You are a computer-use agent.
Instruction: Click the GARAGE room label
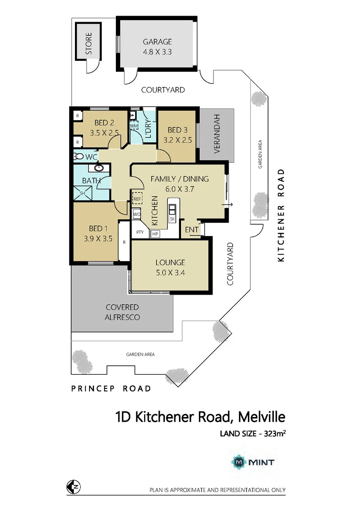tap(158, 41)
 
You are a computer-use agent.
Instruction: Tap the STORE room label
tap(88, 43)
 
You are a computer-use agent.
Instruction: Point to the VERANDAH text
tap(217, 134)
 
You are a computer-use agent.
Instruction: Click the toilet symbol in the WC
tap(79, 156)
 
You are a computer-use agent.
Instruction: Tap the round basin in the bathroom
tap(99, 167)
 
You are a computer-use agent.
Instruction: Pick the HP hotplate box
tap(155, 234)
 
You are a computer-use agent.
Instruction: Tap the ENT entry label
tap(191, 230)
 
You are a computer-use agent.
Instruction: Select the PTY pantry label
tap(140, 232)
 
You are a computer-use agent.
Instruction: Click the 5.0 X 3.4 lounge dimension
tap(170, 272)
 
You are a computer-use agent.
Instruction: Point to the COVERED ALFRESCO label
tap(122, 312)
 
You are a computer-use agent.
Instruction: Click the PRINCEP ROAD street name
tap(111, 388)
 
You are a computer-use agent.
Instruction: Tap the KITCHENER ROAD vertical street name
tap(281, 215)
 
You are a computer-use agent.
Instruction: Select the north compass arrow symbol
tap(73, 487)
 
